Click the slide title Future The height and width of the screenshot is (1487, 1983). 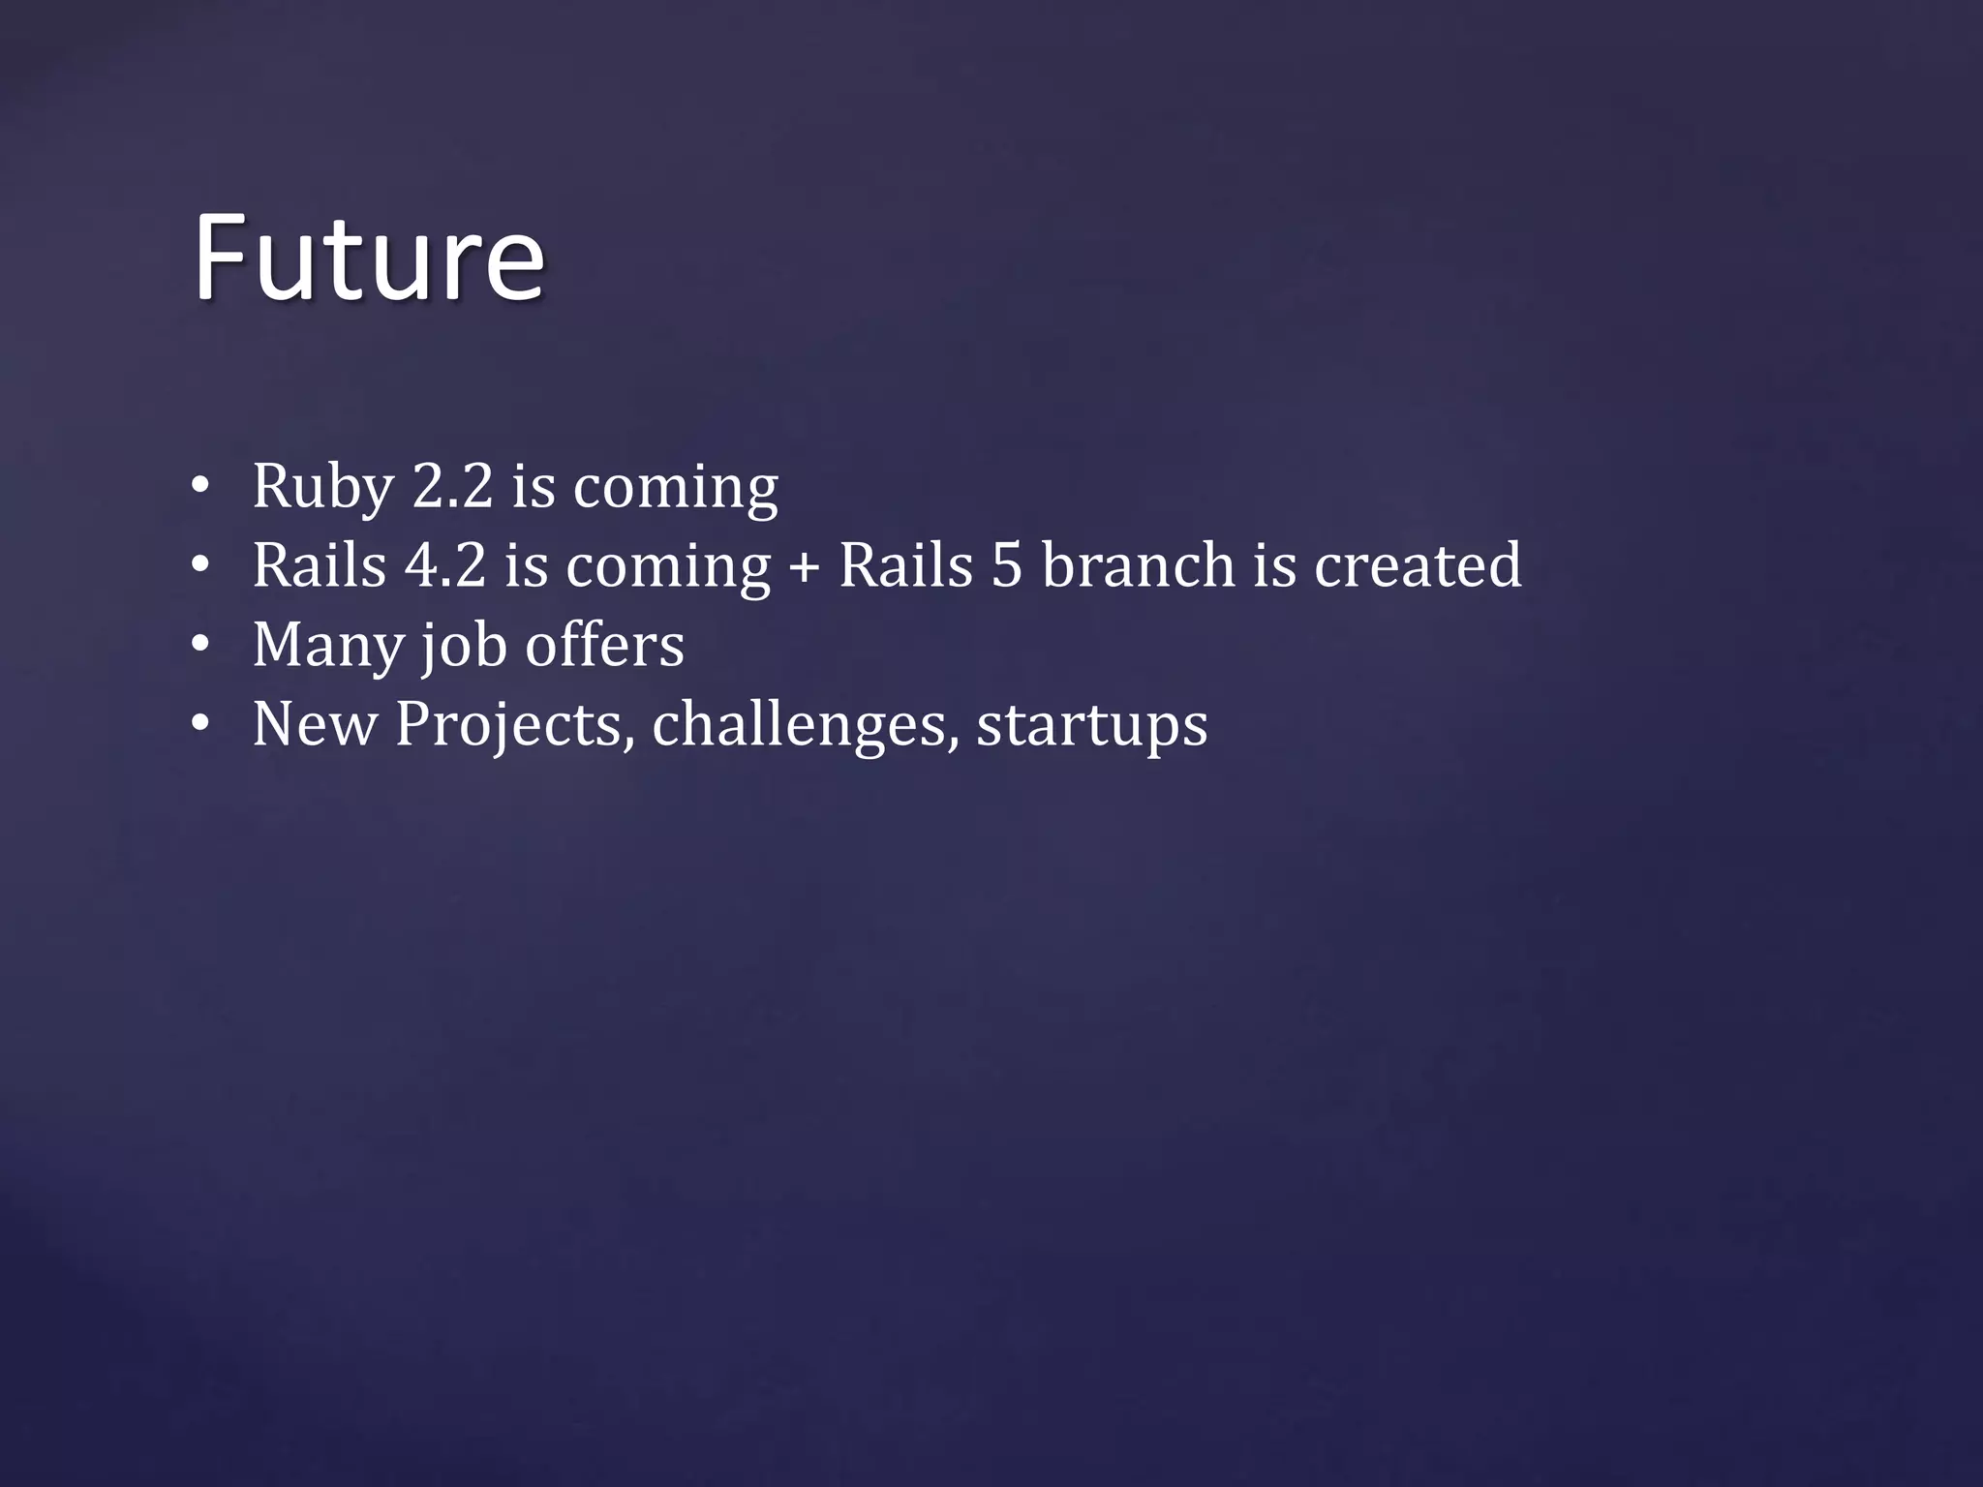tap(368, 258)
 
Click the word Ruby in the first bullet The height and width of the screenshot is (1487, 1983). tap(322, 486)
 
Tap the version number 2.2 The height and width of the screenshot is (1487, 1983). tap(452, 486)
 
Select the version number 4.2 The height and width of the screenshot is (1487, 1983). tap(444, 565)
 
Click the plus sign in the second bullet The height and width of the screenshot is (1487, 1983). tap(804, 567)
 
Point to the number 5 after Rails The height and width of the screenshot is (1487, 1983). tap(1007, 565)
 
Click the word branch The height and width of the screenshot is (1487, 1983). tap(1138, 565)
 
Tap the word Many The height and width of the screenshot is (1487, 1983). tap(327, 645)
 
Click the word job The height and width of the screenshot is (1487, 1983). tap(463, 647)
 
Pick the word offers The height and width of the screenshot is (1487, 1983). tap(604, 645)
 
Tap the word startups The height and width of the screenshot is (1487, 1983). tap(1091, 726)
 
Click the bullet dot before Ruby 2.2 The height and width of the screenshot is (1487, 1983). tap(199, 486)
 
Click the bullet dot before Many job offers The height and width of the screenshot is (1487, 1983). tap(199, 645)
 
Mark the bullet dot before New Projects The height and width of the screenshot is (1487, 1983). tap(199, 724)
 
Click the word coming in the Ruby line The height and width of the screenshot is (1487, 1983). tap(675, 488)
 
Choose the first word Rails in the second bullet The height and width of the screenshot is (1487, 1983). tap(320, 565)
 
